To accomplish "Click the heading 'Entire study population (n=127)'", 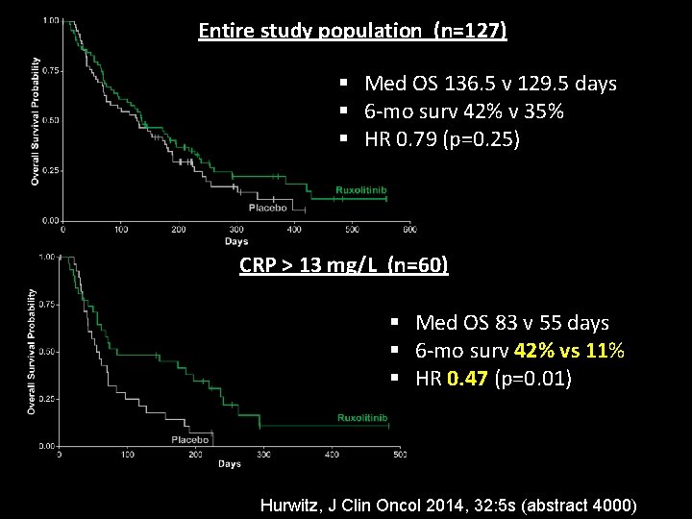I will pos(352,31).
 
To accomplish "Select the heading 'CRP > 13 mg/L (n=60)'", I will pos(343,264).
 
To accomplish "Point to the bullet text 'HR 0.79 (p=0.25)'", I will pos(442,139).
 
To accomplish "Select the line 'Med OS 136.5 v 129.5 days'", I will pos(490,84).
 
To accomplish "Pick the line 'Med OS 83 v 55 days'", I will pos(511,323).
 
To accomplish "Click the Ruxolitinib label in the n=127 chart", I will pos(361,190).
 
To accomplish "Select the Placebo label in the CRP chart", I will pos(190,439).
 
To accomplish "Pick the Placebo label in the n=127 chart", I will pos(267,208).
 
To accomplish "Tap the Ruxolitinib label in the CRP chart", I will pos(362,418).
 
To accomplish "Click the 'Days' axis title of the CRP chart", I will pos(229,464).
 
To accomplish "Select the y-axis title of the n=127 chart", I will pos(36,121).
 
